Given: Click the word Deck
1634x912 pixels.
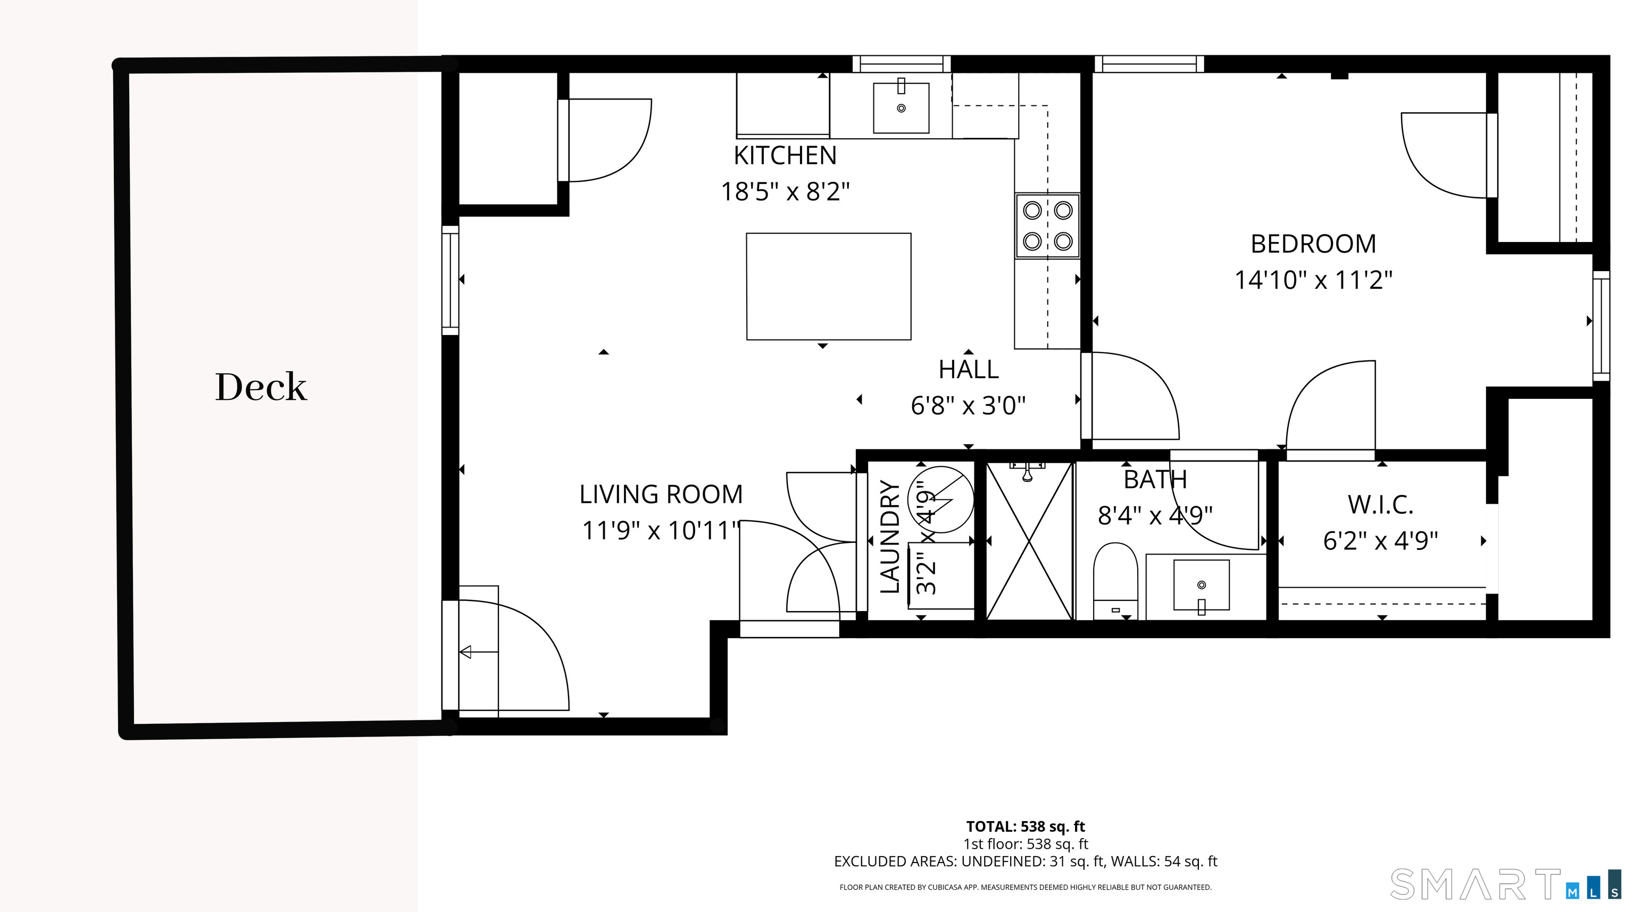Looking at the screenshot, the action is (x=261, y=387).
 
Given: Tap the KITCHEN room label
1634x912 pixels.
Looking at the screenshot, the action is (x=785, y=155).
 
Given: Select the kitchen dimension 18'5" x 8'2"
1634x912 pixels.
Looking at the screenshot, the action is (x=785, y=191).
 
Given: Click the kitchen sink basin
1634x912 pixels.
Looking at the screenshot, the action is (x=902, y=108).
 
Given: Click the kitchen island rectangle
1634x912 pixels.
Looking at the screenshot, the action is (x=828, y=287).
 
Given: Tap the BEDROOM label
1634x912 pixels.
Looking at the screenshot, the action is (x=1314, y=244).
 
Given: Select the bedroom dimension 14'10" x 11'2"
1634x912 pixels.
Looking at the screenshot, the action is (x=1314, y=280).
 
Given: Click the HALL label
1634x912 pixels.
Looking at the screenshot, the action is (x=969, y=370).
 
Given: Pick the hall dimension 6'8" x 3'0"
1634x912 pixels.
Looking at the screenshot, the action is (x=969, y=405).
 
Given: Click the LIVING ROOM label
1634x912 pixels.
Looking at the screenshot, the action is (x=661, y=495).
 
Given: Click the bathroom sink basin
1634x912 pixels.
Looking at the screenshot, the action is (x=1202, y=585).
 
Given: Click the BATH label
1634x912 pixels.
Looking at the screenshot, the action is (x=1155, y=480).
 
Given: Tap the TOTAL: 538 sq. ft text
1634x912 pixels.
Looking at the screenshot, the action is (x=1026, y=826).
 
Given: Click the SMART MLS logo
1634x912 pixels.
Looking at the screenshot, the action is (x=1505, y=884).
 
